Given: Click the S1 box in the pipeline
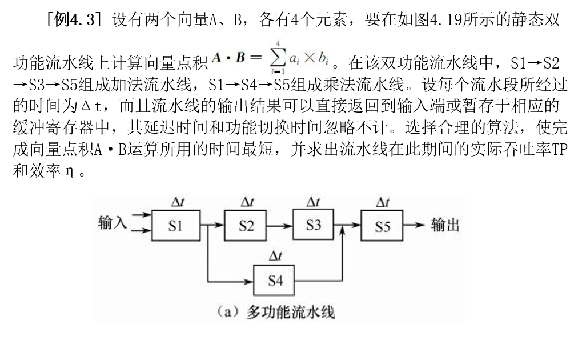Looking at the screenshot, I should (176, 226).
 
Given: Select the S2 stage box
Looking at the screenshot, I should (246, 226).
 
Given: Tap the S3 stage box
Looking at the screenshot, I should (313, 225).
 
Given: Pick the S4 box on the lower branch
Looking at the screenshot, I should (274, 280).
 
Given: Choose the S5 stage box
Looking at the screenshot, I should (382, 226).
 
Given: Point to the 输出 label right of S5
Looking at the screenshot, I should (445, 225).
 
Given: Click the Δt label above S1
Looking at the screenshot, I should (176, 202).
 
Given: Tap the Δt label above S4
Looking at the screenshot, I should (275, 257).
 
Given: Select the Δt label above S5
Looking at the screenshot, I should (382, 202).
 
